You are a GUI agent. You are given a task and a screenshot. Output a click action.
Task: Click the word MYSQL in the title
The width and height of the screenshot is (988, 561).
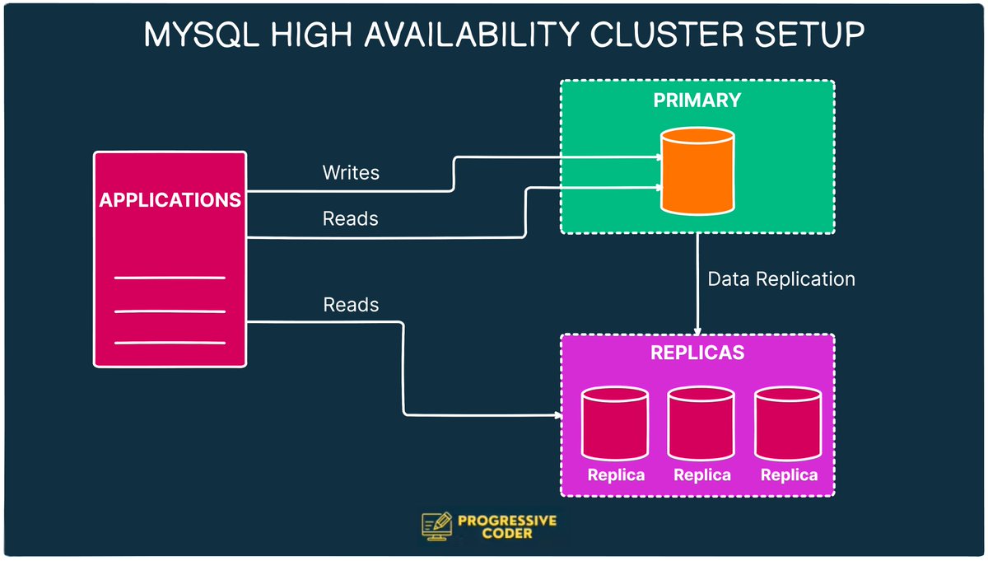202,35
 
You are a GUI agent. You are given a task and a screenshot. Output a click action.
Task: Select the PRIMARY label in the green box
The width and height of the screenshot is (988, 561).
697,101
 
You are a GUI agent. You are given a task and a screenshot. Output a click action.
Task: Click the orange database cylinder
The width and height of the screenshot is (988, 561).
697,171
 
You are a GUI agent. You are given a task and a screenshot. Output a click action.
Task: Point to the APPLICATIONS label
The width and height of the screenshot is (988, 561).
170,200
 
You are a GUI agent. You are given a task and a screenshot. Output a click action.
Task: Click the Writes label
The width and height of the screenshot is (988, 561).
351,172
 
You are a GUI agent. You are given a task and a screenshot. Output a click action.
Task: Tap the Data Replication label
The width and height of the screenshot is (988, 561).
781,279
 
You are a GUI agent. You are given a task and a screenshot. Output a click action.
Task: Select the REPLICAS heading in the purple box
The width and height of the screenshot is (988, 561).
697,353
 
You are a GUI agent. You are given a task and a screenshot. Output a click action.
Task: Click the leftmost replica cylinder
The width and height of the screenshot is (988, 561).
615,423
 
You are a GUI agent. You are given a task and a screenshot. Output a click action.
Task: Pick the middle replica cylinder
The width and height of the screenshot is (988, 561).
701,423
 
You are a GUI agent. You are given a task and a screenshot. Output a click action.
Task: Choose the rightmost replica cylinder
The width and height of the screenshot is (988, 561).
788,423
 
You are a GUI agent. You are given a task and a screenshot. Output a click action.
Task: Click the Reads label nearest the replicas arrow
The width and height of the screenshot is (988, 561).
351,305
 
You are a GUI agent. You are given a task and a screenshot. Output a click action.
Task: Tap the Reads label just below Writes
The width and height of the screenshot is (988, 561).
351,219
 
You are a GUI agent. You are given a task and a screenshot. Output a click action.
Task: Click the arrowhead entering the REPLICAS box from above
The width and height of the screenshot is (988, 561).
697,331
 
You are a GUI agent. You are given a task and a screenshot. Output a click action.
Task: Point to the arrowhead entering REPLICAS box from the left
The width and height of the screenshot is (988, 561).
558,415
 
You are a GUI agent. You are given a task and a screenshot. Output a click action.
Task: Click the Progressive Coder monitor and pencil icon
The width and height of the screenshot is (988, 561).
436,526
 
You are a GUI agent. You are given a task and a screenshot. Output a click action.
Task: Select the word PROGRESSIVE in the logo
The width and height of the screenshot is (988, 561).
507,521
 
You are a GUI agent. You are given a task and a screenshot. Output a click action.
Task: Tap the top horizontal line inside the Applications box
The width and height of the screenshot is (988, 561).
170,278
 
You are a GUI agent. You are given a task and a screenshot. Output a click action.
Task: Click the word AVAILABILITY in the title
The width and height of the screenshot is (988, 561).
471,35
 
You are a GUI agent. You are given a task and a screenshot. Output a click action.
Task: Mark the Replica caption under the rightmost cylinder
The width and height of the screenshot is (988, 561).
789,475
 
